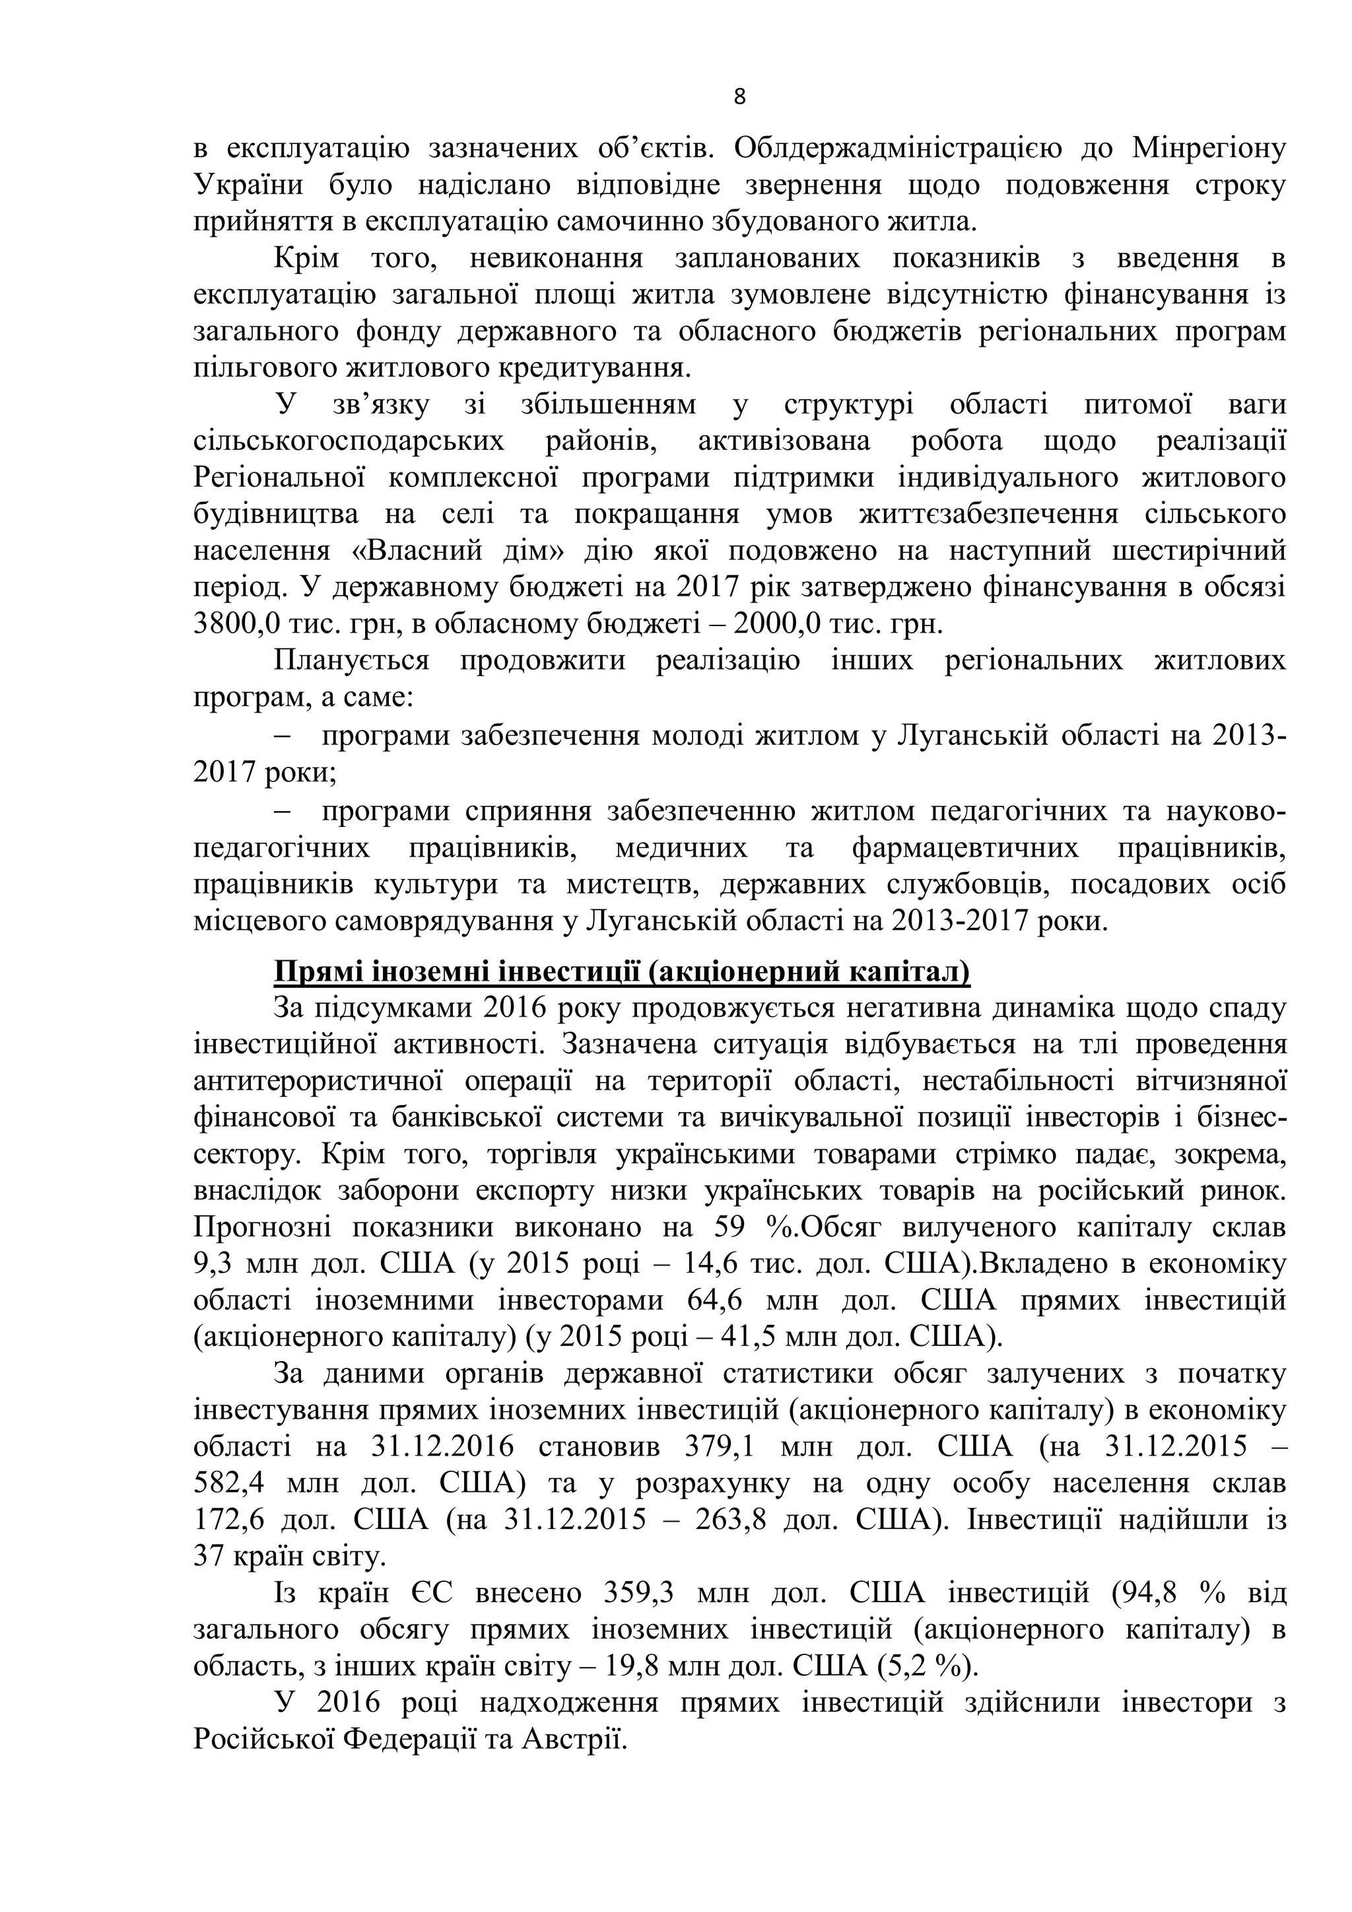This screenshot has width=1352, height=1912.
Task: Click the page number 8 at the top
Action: [x=739, y=98]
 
